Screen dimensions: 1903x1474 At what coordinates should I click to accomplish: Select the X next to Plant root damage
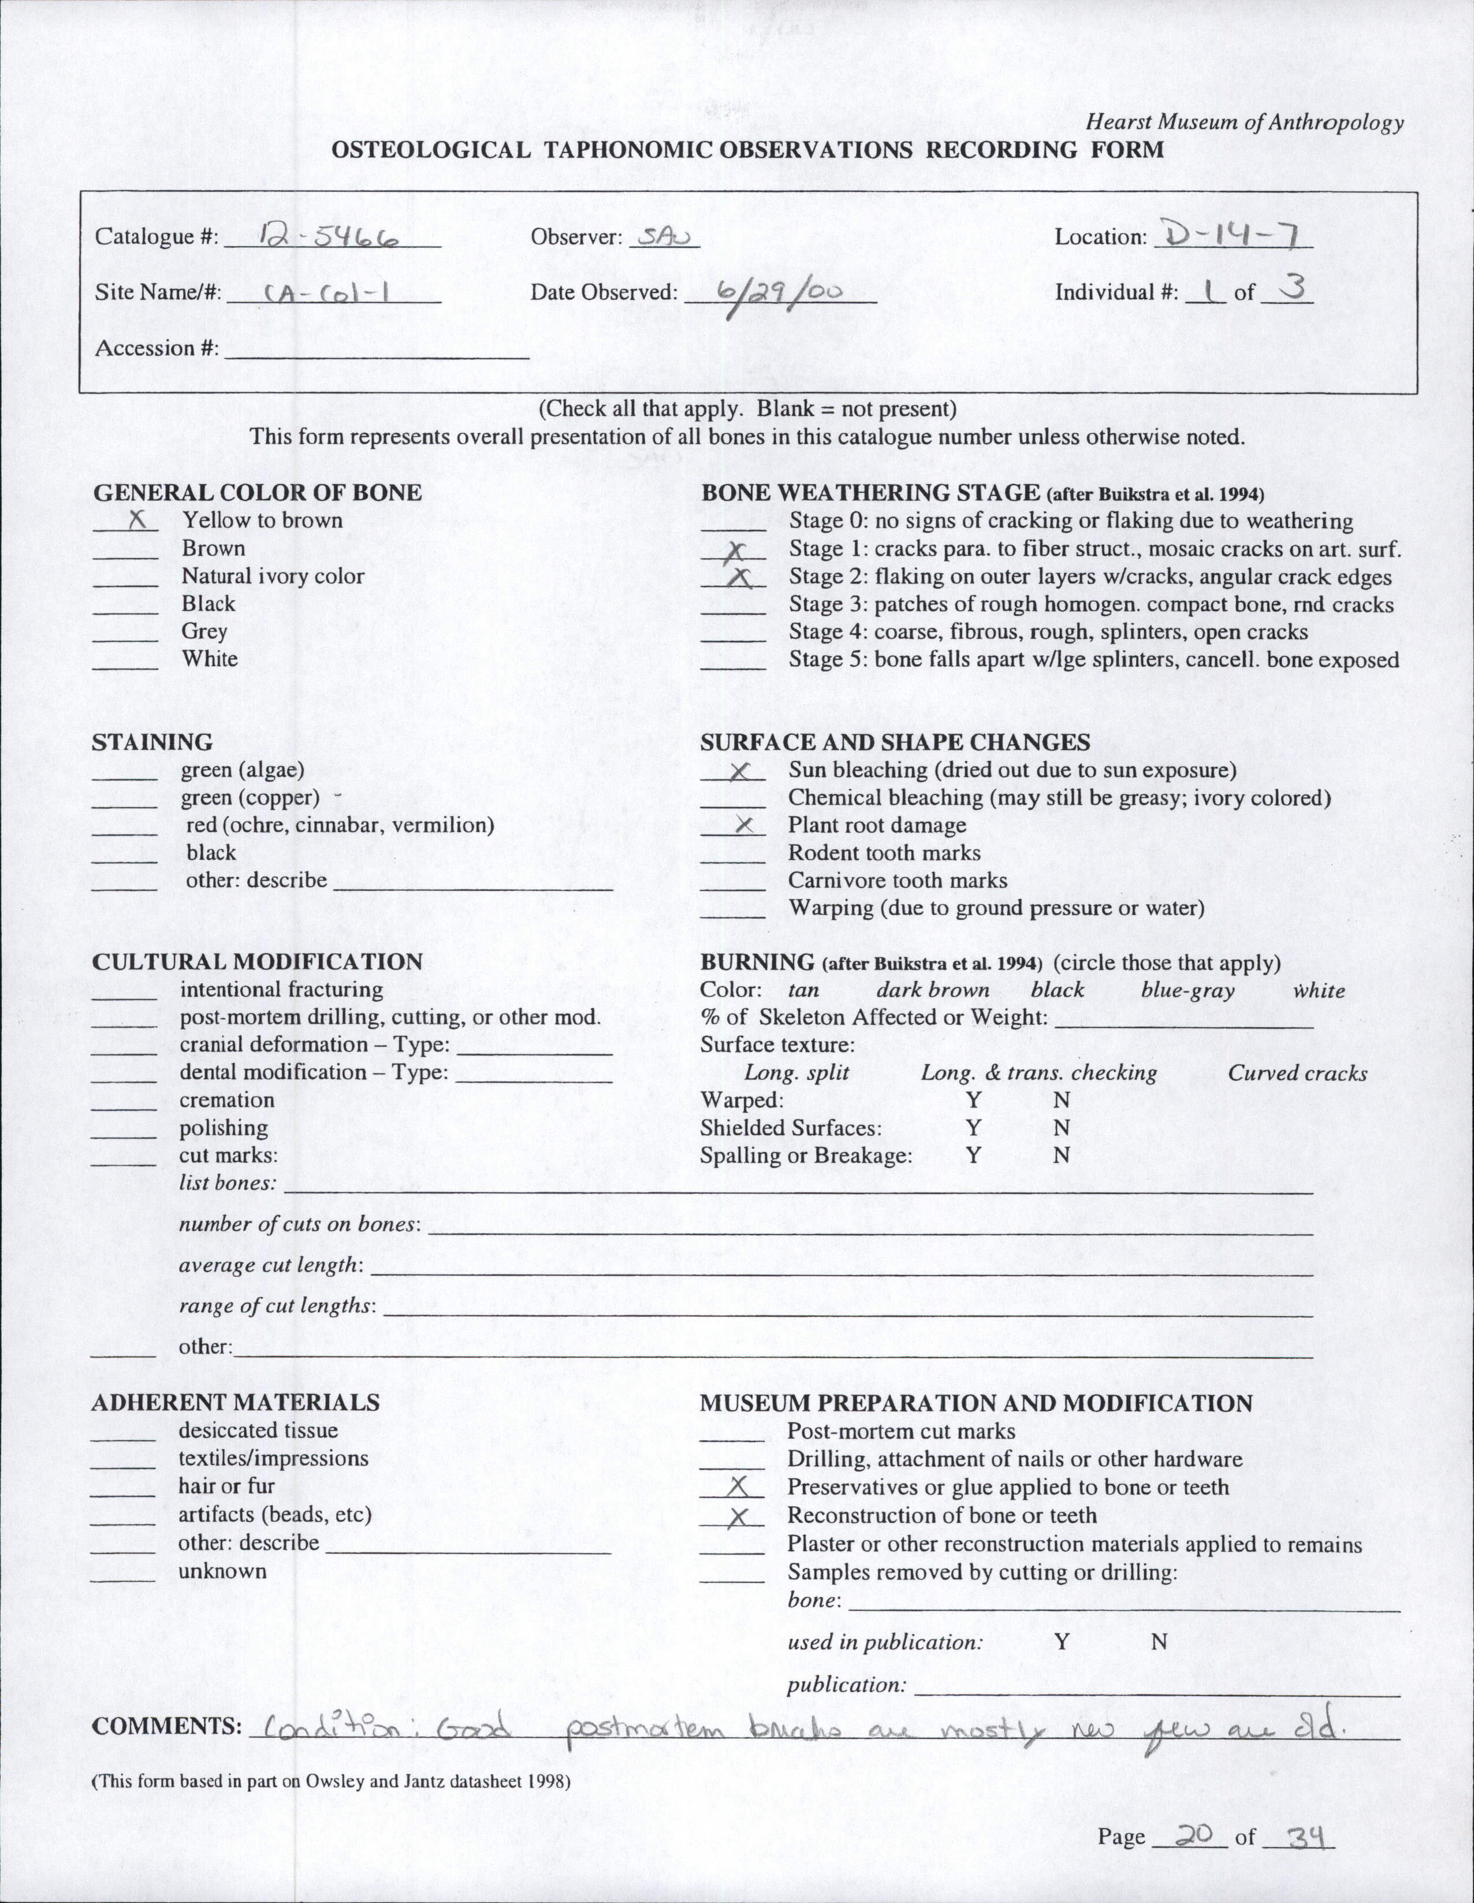(x=743, y=825)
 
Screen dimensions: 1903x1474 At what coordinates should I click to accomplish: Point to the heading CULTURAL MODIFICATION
(x=257, y=962)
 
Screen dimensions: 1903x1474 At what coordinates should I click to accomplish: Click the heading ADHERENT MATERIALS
(x=235, y=1402)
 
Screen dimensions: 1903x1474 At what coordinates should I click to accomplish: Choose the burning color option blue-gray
(x=1188, y=990)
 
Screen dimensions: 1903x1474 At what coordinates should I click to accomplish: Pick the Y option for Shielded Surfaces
(x=973, y=1128)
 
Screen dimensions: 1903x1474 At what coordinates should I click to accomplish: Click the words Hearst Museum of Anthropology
(x=1245, y=124)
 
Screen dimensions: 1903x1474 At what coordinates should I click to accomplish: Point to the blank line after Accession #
(x=377, y=353)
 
